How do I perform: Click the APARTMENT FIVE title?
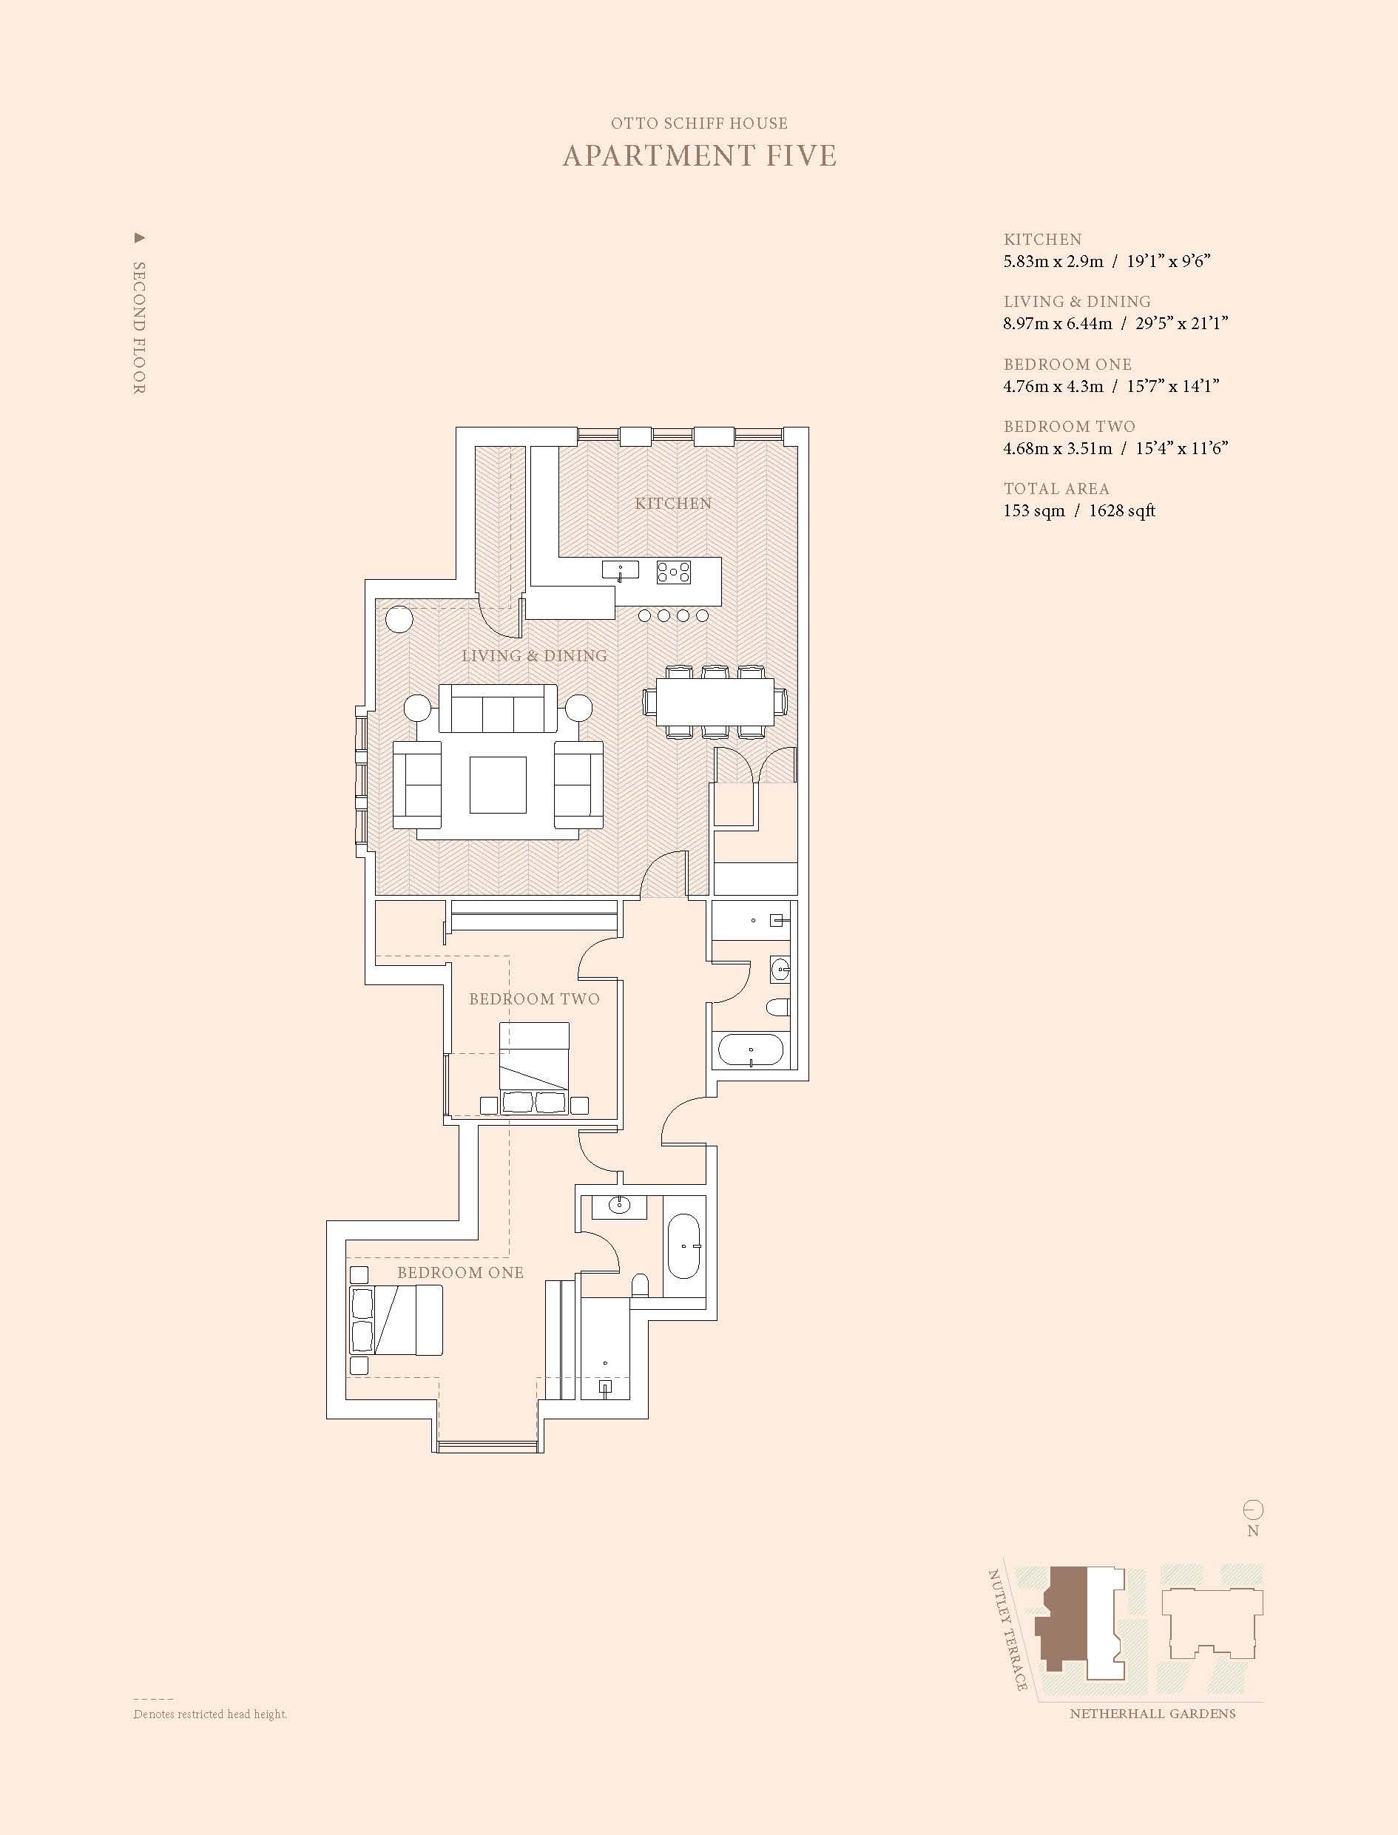699,155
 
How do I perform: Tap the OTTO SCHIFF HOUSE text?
699,124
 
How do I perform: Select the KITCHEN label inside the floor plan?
673,504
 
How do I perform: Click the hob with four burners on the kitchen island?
673,571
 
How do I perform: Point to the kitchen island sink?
620,570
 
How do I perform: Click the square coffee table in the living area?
498,785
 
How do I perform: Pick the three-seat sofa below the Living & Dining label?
498,709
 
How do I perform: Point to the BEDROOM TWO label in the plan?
534,998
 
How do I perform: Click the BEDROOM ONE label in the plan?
460,1272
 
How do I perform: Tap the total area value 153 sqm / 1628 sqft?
1079,511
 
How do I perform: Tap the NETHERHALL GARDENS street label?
1152,1714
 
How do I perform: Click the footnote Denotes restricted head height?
211,1714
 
